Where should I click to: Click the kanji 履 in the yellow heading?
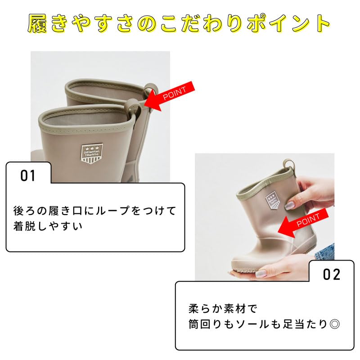coord(38,23)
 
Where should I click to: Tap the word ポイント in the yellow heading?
coord(289,23)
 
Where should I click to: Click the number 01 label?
coord(28,175)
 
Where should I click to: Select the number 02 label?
coord(331,274)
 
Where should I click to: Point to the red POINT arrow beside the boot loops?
coord(170,96)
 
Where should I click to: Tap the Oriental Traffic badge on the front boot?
coord(92,153)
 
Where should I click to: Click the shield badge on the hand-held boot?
coord(273,200)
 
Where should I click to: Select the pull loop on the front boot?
coord(133,108)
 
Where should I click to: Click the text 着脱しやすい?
coord(48,226)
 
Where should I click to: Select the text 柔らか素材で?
coord(222,309)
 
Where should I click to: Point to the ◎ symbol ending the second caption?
coord(334,324)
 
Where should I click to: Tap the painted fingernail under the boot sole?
coord(261,274)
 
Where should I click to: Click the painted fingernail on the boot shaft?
coord(290,205)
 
